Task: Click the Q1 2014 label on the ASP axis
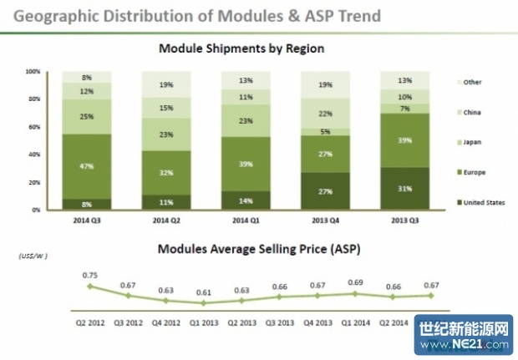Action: point(356,322)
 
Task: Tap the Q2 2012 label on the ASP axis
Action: point(89,322)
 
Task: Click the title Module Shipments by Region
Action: point(241,49)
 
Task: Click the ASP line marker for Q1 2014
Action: point(356,293)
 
